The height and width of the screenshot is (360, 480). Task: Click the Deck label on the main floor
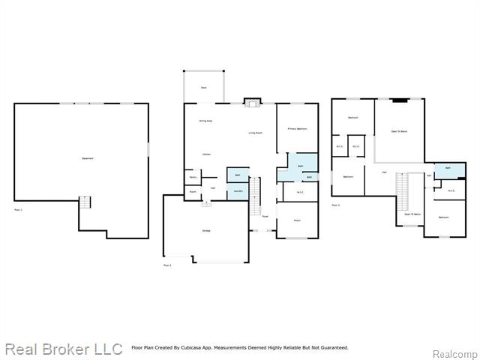tap(203, 88)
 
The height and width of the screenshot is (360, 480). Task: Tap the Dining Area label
tap(205, 121)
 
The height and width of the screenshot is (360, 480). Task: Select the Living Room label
tap(256, 133)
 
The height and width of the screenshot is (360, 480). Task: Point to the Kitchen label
tap(205, 154)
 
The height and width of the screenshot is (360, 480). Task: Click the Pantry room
tap(193, 177)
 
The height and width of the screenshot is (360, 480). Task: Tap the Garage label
tap(205, 230)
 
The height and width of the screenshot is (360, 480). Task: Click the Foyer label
tap(265, 217)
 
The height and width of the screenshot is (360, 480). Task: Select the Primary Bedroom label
tap(298, 129)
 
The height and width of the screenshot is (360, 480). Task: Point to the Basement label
tap(88, 158)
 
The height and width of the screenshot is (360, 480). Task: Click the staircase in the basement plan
tap(85, 203)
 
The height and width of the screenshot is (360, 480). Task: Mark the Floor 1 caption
tap(19, 210)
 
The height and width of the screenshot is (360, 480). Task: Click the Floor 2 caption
tap(167, 265)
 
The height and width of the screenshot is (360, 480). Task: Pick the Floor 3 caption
tap(335, 204)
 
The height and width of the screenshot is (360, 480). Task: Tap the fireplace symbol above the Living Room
tap(253, 102)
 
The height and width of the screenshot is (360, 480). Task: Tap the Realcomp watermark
tap(456, 353)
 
